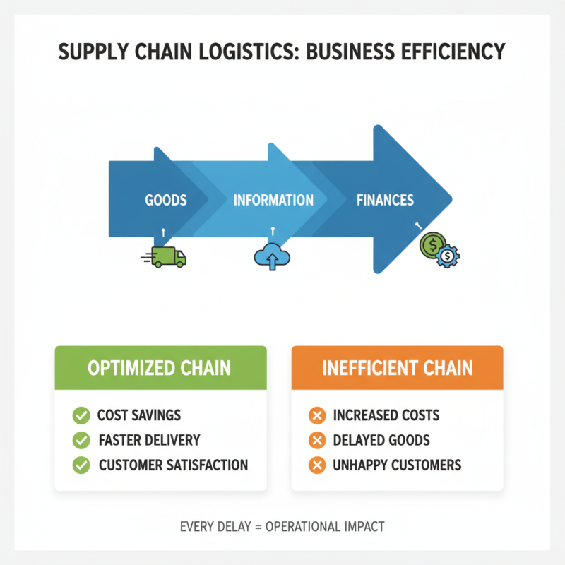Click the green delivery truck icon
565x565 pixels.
(x=167, y=257)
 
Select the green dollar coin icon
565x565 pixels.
(x=432, y=245)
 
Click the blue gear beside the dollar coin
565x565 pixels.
(x=448, y=256)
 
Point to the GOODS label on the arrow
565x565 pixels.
(x=166, y=200)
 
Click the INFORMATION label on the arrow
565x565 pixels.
(x=273, y=200)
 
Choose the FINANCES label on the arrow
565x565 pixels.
(x=385, y=200)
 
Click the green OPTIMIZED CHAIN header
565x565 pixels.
(x=160, y=368)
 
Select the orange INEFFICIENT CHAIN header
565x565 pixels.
(x=397, y=368)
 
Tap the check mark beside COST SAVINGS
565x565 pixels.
(x=81, y=415)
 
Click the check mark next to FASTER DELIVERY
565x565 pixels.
(x=81, y=440)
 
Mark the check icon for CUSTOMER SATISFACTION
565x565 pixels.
(x=81, y=465)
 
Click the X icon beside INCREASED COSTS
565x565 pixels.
(x=317, y=415)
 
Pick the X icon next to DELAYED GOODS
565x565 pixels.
(x=317, y=440)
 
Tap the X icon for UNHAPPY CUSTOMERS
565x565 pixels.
(x=317, y=465)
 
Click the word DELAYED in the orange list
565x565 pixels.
(x=359, y=440)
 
